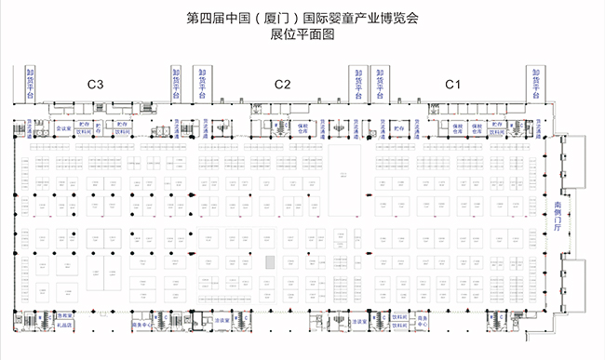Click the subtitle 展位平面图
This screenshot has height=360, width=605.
(302, 33)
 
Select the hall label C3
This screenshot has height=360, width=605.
(95, 85)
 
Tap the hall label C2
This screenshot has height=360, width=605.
(283, 85)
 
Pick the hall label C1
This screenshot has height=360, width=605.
(452, 85)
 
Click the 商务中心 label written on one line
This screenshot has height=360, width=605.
(140, 327)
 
